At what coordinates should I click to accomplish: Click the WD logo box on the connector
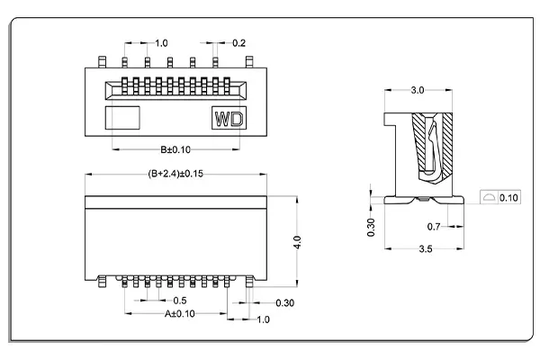pos(228,118)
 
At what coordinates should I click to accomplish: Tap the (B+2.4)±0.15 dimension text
pos(176,174)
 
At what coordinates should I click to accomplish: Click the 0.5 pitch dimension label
pos(180,300)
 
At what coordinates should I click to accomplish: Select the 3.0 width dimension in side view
pos(418,91)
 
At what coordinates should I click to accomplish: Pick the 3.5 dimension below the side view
pos(423,249)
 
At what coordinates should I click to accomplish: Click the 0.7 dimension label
pos(433,226)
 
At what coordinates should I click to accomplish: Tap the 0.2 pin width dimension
pos(239,43)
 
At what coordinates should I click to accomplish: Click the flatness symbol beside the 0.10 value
pos(488,196)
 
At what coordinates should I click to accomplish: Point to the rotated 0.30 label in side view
pos(372,227)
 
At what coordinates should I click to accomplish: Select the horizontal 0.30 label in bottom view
pos(283,302)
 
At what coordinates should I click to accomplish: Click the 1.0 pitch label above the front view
pos(162,43)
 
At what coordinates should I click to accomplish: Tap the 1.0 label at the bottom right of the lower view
pos(264,319)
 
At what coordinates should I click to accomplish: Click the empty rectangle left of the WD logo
pos(124,118)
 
